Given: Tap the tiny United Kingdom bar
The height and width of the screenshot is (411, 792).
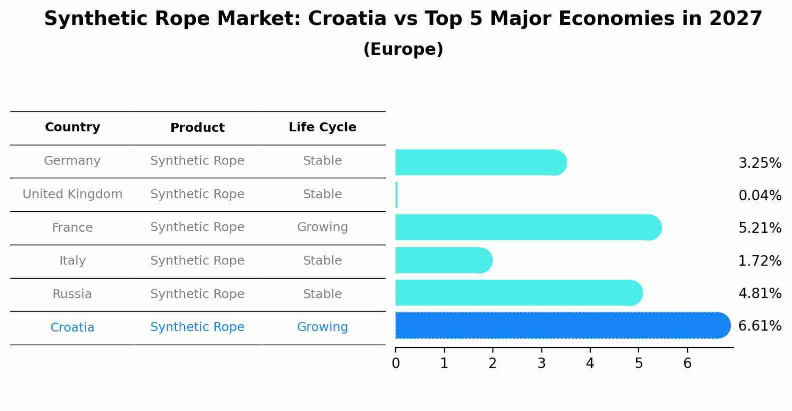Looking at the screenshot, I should (396, 195).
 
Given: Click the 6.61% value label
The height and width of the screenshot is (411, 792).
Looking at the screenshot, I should (760, 326).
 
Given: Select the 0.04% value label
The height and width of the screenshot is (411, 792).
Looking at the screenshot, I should (760, 196).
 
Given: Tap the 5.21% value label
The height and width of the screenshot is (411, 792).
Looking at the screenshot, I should (760, 228).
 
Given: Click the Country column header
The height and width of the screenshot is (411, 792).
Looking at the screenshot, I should (72, 127).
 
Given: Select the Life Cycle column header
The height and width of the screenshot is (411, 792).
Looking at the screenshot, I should (322, 127).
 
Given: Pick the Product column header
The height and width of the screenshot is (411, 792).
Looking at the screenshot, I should (197, 128).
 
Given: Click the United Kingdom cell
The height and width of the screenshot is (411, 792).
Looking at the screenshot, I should (72, 194).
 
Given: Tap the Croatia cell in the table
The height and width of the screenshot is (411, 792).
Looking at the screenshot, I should (72, 328).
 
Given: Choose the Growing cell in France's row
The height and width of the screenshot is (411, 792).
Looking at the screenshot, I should (322, 227).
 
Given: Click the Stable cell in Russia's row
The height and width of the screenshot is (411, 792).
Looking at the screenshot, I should (322, 294).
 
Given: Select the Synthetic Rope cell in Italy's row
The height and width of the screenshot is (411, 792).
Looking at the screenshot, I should (197, 261).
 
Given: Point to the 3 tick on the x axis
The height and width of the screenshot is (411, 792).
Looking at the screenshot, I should (541, 363).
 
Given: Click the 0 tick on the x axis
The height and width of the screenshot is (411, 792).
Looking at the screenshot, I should (396, 363).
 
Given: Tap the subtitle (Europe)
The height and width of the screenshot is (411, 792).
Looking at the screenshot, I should (403, 49).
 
